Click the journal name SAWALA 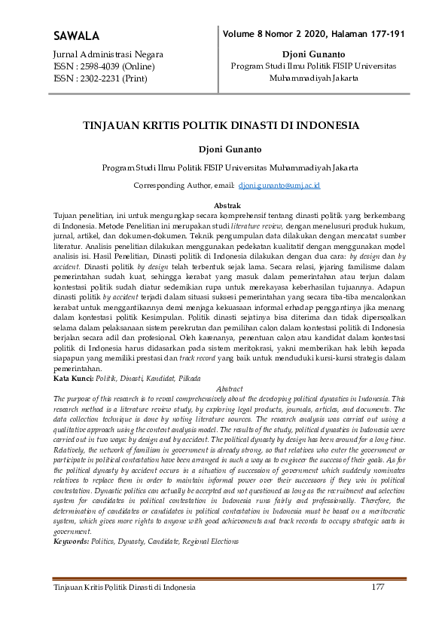77,36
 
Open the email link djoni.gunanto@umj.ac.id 279,185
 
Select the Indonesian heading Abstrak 227,205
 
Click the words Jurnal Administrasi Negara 108,55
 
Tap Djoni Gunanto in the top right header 312,55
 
